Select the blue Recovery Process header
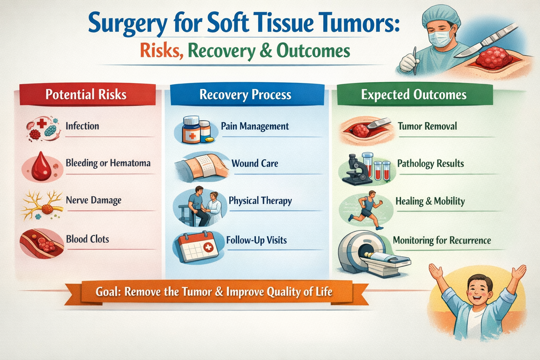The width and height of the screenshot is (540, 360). [x=246, y=95]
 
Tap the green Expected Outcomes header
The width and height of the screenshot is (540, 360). [x=414, y=95]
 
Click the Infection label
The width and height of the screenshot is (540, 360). [x=82, y=126]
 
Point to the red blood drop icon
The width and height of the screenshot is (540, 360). [x=41, y=166]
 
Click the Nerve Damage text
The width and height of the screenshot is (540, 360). [x=94, y=200]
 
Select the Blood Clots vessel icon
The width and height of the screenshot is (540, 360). [x=42, y=243]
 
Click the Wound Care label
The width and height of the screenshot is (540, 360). [x=255, y=163]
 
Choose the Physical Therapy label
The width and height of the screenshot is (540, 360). [x=260, y=200]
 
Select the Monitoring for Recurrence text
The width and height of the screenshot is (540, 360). [x=442, y=240]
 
